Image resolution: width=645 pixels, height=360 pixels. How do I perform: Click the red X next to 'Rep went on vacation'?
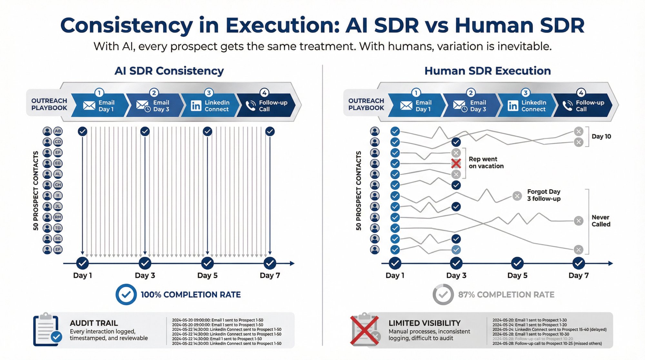[x=456, y=164]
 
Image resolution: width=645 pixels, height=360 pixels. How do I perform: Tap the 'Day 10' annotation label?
[x=601, y=136]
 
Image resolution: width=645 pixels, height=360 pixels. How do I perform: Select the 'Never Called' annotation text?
[x=601, y=221]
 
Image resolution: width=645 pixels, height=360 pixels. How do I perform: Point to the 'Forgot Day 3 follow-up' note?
[x=544, y=195]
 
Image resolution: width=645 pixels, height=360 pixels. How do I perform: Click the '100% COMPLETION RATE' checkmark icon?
[x=126, y=295]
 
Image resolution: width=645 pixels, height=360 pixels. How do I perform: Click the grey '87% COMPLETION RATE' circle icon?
[x=443, y=295]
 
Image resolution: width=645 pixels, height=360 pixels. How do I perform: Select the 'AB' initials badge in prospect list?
[x=58, y=131]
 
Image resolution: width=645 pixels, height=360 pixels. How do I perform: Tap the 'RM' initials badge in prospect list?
[x=58, y=217]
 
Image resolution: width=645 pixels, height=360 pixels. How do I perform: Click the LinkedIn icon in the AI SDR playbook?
[x=196, y=106]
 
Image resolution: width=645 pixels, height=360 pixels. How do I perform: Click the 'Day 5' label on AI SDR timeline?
[x=207, y=275]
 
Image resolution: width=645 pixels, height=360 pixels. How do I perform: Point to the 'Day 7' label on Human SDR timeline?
[x=579, y=275]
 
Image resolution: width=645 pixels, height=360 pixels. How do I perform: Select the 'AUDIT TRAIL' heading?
[x=94, y=323]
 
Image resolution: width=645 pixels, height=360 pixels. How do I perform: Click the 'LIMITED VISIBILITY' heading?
[x=424, y=323]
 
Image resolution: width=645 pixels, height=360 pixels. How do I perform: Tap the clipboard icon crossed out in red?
[x=365, y=330]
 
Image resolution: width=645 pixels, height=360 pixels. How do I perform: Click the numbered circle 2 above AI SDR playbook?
[x=154, y=93]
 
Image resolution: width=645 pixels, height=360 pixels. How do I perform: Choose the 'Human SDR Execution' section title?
[x=487, y=71]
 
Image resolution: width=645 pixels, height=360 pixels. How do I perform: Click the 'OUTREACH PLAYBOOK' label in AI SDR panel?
[x=49, y=104]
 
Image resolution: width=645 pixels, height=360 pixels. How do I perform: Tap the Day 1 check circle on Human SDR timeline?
[x=395, y=263]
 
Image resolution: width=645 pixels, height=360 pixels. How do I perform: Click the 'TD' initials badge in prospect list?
[x=58, y=228]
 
